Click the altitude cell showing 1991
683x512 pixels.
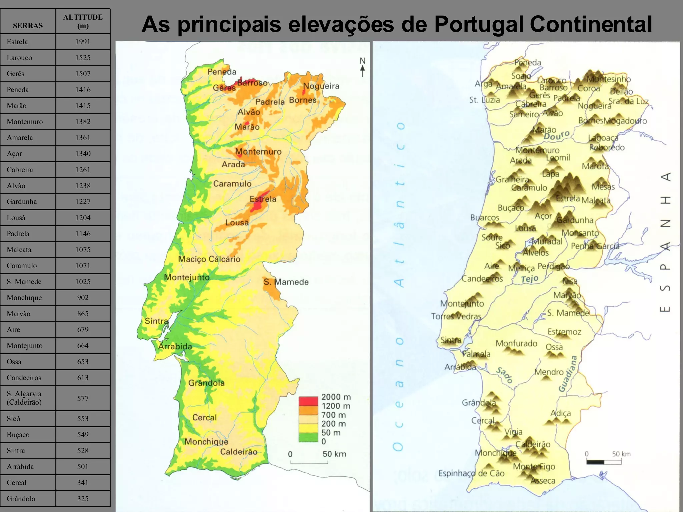point(83,42)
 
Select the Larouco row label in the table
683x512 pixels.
point(19,58)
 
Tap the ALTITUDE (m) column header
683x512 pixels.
point(83,21)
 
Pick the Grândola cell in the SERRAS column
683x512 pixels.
point(21,499)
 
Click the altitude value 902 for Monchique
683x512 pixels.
point(83,298)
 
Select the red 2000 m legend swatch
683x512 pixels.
point(308,401)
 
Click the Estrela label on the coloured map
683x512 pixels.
point(263,199)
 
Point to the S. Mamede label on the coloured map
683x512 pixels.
point(286,282)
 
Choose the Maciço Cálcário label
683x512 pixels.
point(209,259)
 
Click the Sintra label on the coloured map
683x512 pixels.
point(156,321)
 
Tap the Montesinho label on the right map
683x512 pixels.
point(609,79)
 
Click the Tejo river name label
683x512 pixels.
point(530,279)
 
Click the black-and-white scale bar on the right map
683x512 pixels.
point(604,462)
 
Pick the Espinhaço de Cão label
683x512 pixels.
point(471,473)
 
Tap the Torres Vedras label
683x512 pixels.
point(456,316)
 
